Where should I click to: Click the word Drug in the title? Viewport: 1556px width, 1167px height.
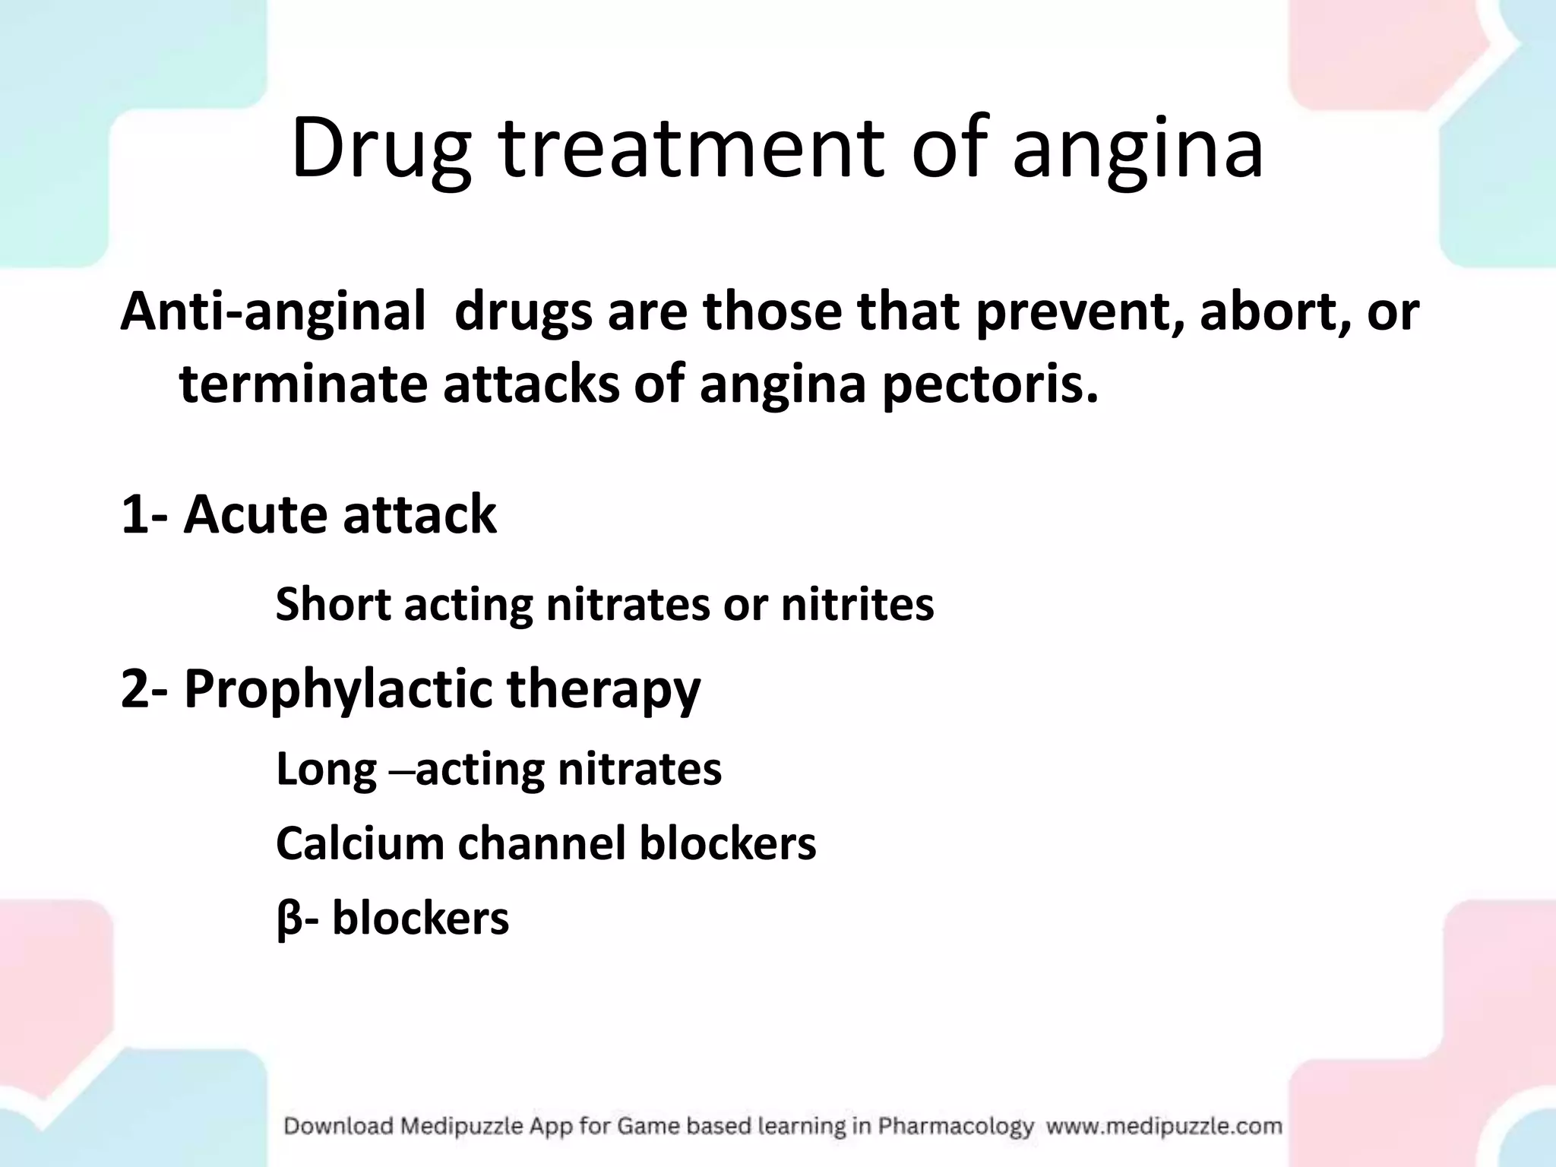(x=380, y=149)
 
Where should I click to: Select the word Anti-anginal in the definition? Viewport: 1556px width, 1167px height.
(x=273, y=312)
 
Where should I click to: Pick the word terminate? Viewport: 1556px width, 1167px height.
(x=303, y=384)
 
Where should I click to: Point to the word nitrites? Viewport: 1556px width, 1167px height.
(x=858, y=605)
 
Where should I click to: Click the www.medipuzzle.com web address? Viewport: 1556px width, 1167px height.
(x=1164, y=1126)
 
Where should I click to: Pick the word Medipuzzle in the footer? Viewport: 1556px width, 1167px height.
(x=448, y=1126)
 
